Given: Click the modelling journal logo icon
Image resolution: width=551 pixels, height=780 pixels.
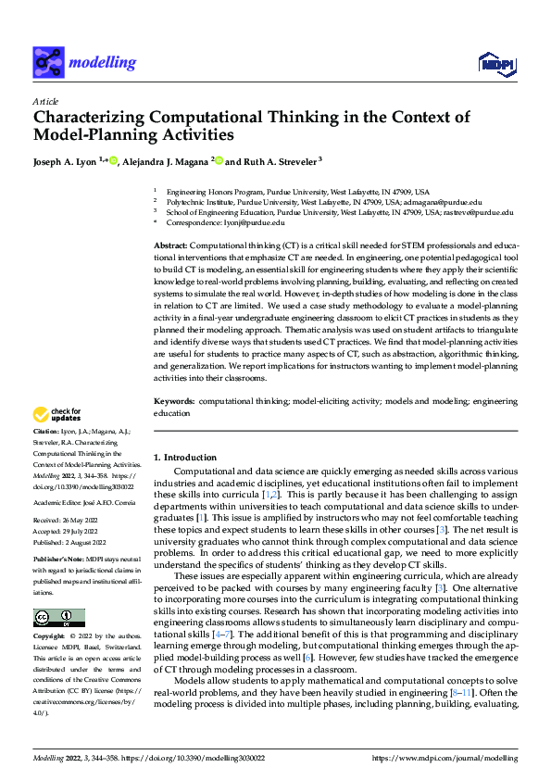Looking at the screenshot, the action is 48,62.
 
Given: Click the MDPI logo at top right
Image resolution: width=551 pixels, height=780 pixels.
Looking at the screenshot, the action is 495,62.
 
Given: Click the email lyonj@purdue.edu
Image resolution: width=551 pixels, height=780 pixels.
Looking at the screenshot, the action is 253,223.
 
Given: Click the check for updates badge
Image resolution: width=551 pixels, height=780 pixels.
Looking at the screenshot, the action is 56,415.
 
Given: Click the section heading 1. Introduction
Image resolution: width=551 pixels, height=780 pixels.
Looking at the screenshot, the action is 184,458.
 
